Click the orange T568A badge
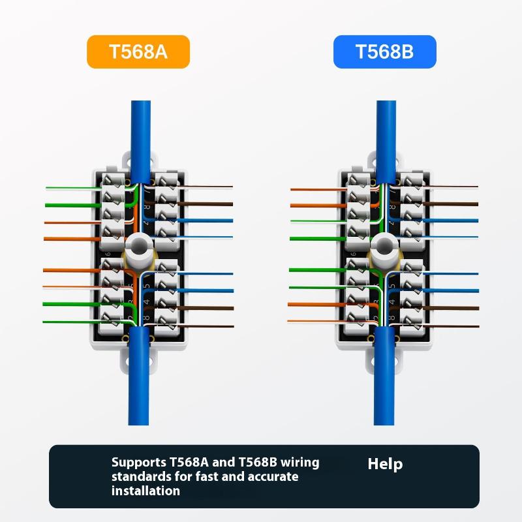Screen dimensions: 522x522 pyautogui.click(x=138, y=52)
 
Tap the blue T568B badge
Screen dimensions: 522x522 pyautogui.click(x=384, y=52)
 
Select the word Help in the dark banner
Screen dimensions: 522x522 pyautogui.click(x=385, y=464)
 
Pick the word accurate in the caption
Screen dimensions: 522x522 pyautogui.click(x=273, y=476)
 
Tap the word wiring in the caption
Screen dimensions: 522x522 pyautogui.click(x=299, y=463)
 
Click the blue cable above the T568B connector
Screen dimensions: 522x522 pyautogui.click(x=386, y=130)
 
